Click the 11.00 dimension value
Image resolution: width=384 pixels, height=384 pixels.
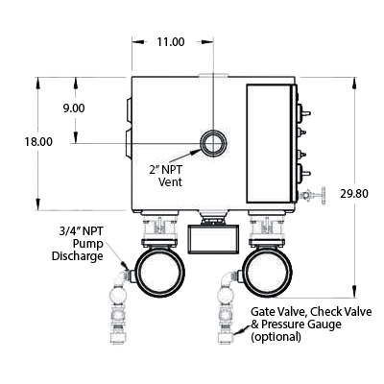point(171,42)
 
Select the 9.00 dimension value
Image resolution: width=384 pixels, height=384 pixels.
point(74,108)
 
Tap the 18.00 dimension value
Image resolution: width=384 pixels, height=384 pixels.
point(38,141)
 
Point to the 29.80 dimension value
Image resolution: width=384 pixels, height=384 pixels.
point(354,194)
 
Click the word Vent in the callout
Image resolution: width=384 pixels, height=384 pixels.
point(171,182)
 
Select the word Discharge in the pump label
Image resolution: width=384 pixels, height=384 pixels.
point(78,256)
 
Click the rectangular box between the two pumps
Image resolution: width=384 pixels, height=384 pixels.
point(213,239)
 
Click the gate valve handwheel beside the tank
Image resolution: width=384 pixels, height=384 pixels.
point(324,195)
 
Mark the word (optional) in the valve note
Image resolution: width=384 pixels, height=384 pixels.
point(276,337)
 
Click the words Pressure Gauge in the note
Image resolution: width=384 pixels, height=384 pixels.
point(301,324)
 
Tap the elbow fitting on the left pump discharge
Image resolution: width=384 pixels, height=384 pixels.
point(122,277)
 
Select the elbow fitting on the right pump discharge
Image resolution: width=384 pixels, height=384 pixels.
point(229,277)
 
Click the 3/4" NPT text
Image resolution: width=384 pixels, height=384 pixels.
point(81,231)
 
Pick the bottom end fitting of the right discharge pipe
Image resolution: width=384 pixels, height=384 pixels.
point(226,338)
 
